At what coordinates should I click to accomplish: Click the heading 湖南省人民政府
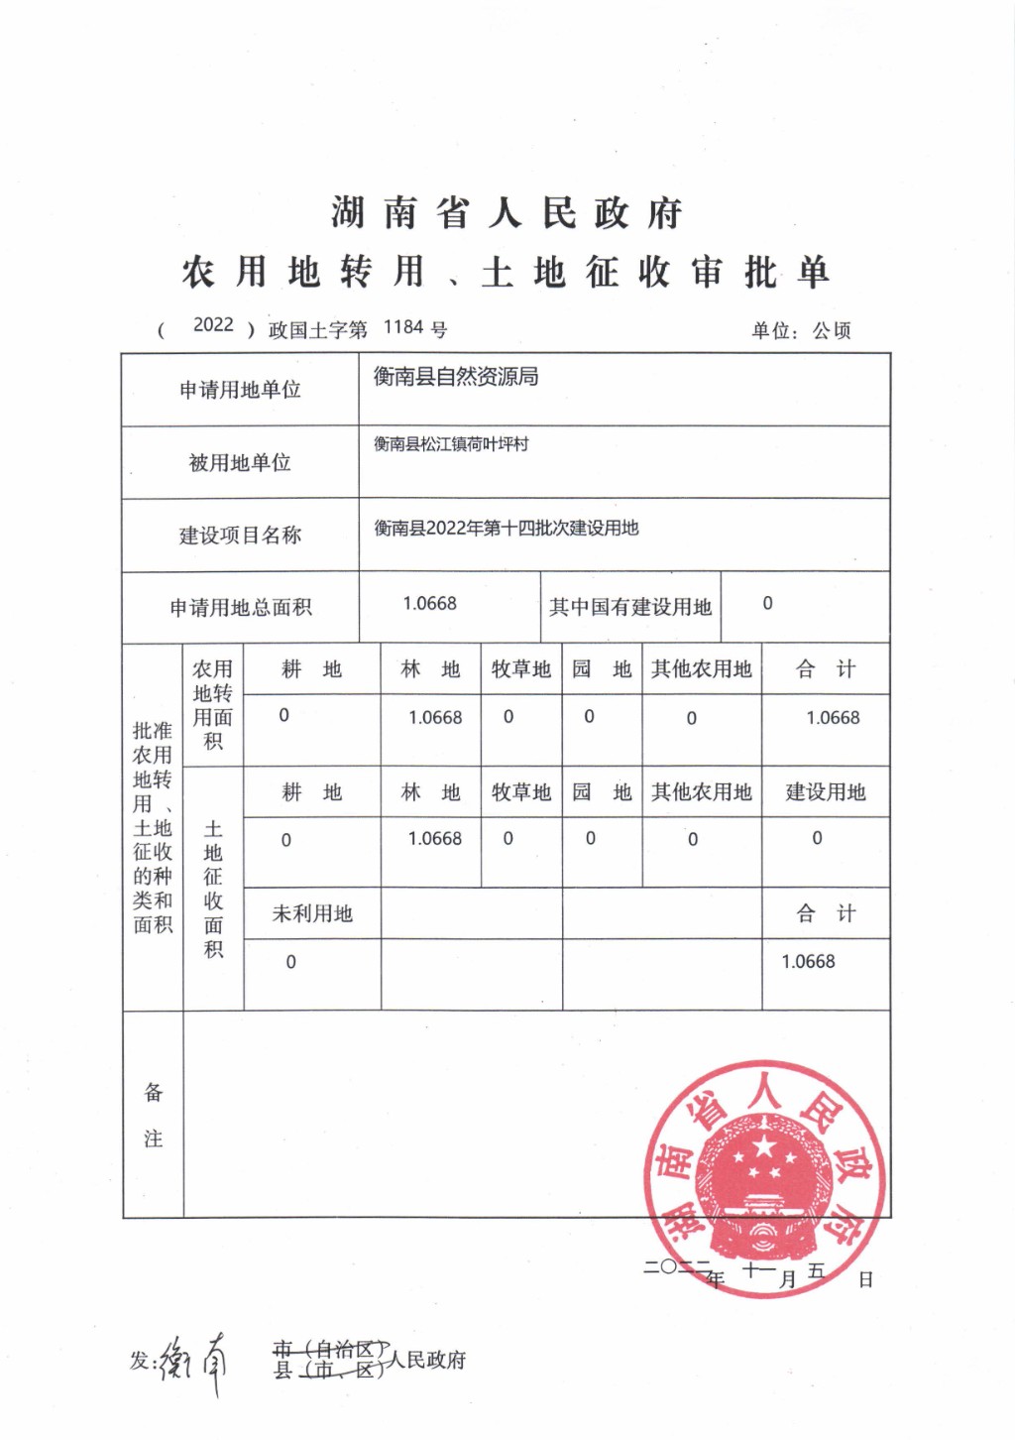click(x=507, y=213)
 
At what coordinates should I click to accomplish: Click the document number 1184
click(x=402, y=327)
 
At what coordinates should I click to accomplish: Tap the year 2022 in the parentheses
click(x=213, y=325)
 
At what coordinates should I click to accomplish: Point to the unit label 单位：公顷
click(x=801, y=330)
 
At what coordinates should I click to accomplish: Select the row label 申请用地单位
click(x=240, y=390)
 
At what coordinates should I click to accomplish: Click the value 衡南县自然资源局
click(x=456, y=377)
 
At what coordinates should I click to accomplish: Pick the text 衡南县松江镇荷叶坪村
click(x=451, y=444)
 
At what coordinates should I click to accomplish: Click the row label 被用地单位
click(x=240, y=462)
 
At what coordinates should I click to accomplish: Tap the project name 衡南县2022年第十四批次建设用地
click(x=506, y=528)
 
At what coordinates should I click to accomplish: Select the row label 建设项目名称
click(x=240, y=536)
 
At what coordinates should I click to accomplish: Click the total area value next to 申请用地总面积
click(x=429, y=604)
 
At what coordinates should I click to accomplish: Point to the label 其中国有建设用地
click(x=630, y=607)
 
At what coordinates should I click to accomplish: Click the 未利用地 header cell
click(x=312, y=913)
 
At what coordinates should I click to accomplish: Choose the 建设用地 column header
click(x=826, y=791)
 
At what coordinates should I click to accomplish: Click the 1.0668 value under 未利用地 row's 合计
click(x=808, y=961)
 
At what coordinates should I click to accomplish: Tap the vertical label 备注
click(x=153, y=1116)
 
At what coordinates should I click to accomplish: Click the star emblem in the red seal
click(x=764, y=1150)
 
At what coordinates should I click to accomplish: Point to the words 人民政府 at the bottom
click(x=426, y=1360)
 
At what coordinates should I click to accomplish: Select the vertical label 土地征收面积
click(x=213, y=889)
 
